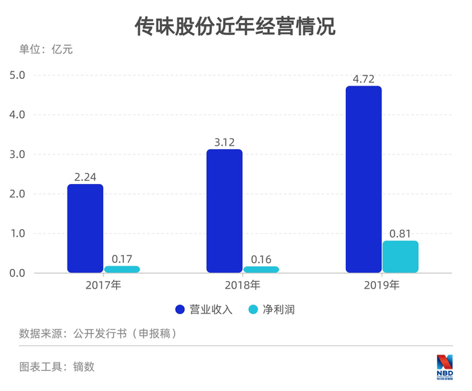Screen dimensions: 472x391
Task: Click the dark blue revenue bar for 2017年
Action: point(85,229)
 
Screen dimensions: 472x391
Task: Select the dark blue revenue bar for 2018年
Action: point(225,211)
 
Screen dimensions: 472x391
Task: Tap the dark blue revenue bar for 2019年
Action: point(363,179)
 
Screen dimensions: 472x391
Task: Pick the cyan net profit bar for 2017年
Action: point(122,270)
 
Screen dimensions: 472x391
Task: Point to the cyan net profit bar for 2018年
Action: point(262,270)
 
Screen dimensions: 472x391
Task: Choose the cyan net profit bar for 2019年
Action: point(401,257)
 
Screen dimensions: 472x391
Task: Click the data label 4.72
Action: point(363,79)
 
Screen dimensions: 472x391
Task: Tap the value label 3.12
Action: point(225,142)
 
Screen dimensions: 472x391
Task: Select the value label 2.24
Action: point(85,177)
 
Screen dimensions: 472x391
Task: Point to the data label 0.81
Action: point(400,234)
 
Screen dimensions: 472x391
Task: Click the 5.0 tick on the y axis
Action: point(17,76)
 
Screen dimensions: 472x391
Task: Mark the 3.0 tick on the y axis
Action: point(17,154)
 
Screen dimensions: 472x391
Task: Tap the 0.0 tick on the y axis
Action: point(17,273)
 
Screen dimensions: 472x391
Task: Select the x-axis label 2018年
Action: point(243,285)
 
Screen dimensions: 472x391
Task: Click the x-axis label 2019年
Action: point(382,285)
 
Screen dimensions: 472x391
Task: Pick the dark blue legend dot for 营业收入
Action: point(180,309)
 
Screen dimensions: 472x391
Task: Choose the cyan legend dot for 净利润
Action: point(254,309)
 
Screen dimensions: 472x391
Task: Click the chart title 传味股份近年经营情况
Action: point(235,26)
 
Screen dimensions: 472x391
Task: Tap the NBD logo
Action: point(444,367)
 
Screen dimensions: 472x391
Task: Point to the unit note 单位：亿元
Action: point(46,49)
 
